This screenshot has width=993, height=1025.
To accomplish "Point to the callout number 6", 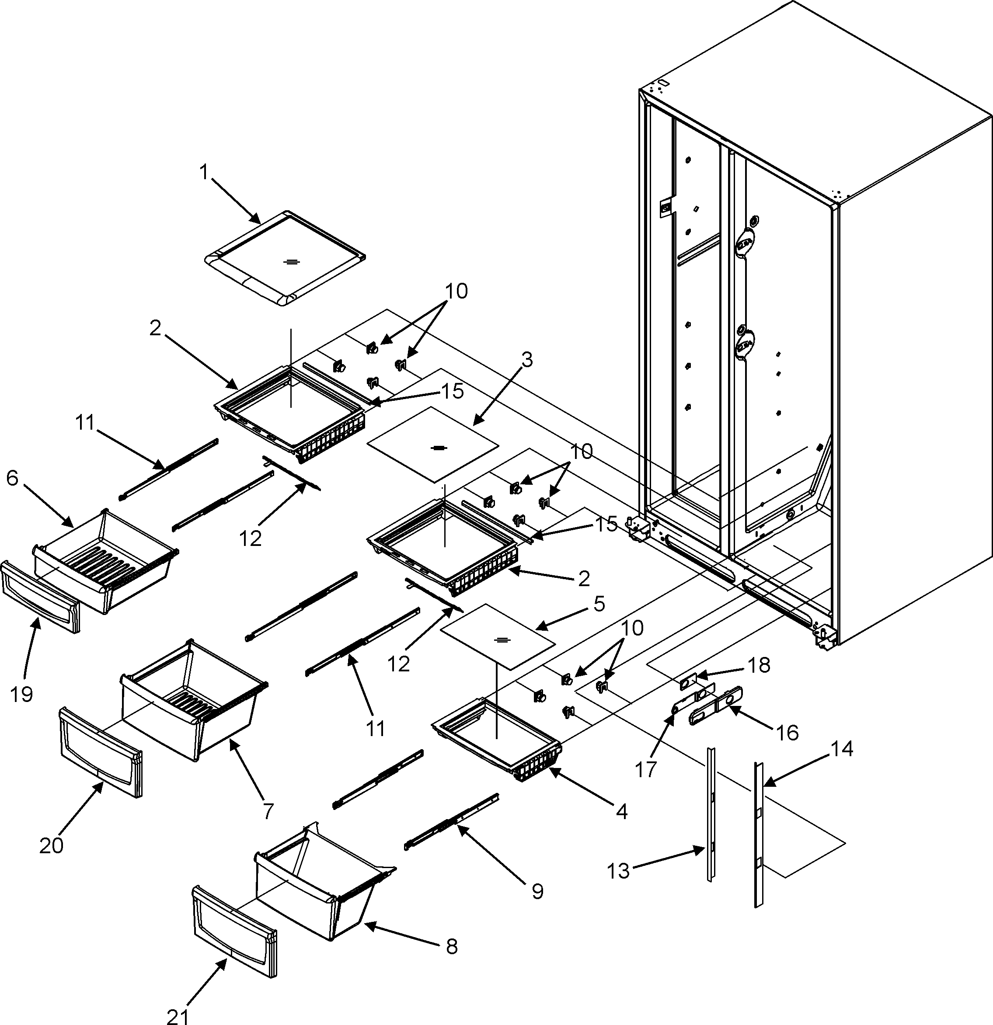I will [13, 479].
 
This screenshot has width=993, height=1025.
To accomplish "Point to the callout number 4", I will [621, 810].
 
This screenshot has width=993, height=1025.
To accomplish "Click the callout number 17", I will [646, 769].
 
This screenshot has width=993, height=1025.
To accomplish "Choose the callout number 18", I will [759, 665].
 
